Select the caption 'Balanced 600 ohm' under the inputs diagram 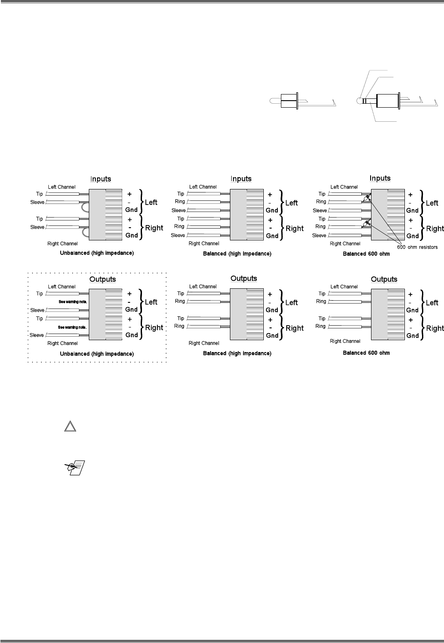[366, 254]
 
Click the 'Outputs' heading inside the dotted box [102, 280]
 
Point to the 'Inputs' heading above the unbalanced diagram [101, 179]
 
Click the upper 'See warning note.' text [73, 302]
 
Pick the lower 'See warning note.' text [73, 327]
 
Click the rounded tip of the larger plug [360, 101]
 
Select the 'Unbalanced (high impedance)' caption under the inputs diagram [97, 253]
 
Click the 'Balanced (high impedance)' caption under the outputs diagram [237, 353]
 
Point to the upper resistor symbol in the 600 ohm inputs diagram [367, 199]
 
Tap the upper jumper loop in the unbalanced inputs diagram [84, 207]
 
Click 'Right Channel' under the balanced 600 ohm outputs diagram [345, 341]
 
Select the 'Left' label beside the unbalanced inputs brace [151, 203]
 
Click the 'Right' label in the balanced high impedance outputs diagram [295, 328]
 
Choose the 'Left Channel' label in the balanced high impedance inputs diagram [203, 187]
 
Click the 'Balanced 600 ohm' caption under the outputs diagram [366, 353]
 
